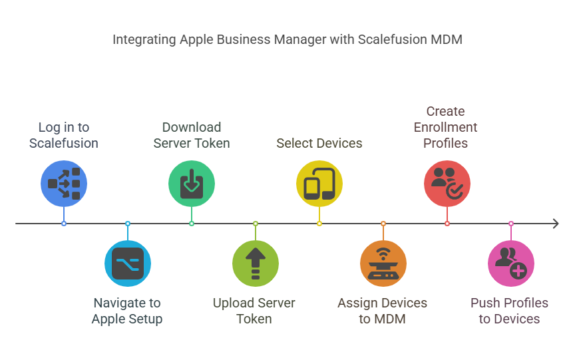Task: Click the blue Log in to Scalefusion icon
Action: click(x=64, y=183)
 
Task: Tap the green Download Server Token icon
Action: click(x=192, y=183)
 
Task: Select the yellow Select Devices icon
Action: click(x=319, y=183)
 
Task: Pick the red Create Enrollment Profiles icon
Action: click(x=447, y=183)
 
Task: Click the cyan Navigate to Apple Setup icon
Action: click(x=128, y=264)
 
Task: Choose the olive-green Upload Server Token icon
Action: click(x=256, y=264)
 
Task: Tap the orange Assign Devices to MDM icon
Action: click(x=383, y=264)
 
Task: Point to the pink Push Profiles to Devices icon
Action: click(x=511, y=264)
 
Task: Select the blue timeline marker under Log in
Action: click(x=64, y=224)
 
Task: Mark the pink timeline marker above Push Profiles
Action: click(x=511, y=224)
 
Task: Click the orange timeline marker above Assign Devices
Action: click(x=383, y=224)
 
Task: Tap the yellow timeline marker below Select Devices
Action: click(x=319, y=224)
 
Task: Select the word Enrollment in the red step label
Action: click(x=445, y=127)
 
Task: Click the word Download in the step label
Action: click(x=192, y=127)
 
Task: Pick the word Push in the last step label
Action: click(x=483, y=303)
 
